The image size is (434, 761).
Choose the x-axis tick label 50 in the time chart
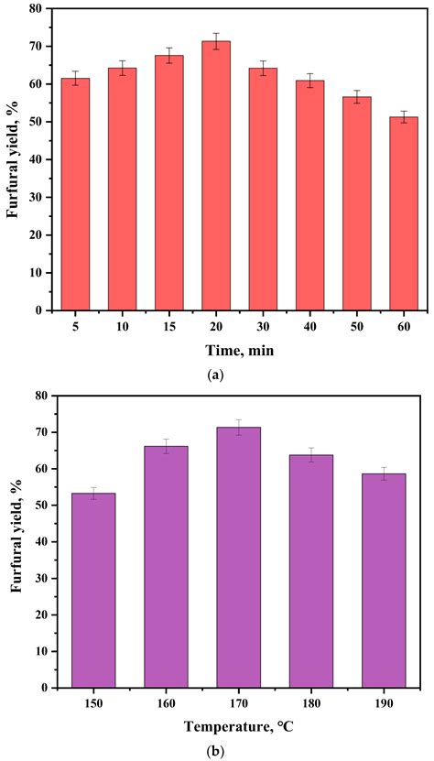tap(355, 325)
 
